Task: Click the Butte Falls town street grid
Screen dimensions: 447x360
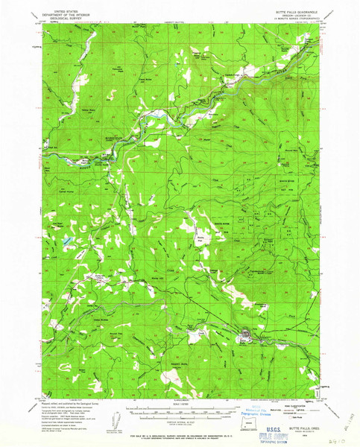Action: tap(246, 336)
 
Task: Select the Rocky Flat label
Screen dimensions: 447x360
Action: tap(200, 236)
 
